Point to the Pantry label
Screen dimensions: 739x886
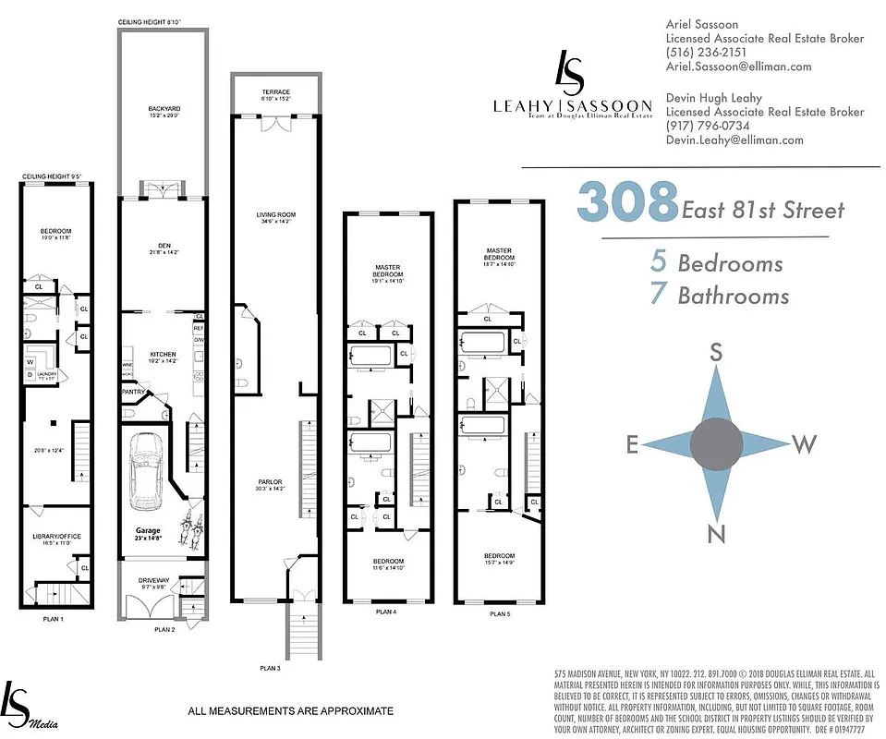point(134,392)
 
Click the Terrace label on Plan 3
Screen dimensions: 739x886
point(274,92)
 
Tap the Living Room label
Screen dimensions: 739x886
point(274,215)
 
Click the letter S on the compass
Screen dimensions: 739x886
point(714,352)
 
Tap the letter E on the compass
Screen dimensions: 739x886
point(634,446)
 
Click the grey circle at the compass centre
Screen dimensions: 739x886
point(716,444)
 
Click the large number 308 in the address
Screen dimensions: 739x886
point(628,201)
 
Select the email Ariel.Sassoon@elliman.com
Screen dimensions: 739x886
point(739,67)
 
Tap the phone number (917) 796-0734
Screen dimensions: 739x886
point(708,126)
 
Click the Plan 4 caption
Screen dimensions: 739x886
point(386,612)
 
